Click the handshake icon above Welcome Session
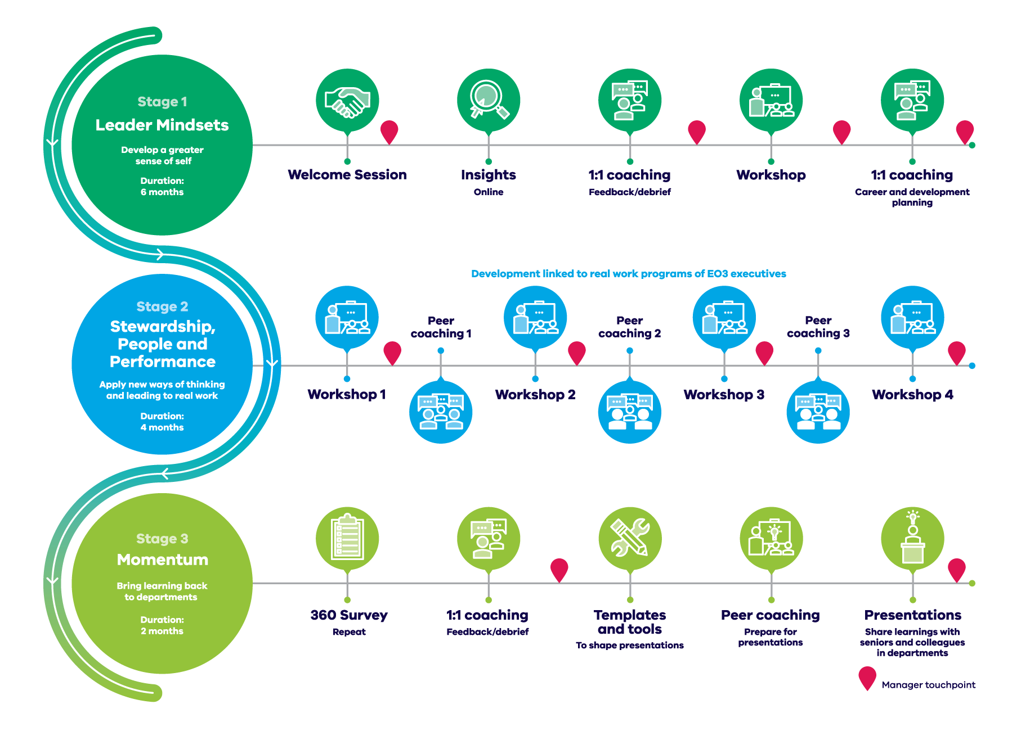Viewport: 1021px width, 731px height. pyautogui.click(x=347, y=101)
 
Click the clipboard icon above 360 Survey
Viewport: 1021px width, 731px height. pyautogui.click(x=347, y=539)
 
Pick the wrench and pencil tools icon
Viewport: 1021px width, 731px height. pyautogui.click(x=630, y=539)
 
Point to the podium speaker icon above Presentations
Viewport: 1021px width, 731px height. pyautogui.click(x=912, y=539)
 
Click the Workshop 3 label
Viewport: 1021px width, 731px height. pyautogui.click(x=724, y=395)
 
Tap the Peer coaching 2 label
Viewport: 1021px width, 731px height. pyautogui.click(x=630, y=327)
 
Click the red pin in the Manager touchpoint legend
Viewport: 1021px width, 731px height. pyautogui.click(x=867, y=678)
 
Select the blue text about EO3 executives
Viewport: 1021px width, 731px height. pyautogui.click(x=629, y=274)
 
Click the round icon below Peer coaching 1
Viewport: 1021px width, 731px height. pyautogui.click(x=441, y=412)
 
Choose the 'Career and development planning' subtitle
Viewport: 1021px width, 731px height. pyautogui.click(x=912, y=197)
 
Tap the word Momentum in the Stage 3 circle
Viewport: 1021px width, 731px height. pyautogui.click(x=163, y=559)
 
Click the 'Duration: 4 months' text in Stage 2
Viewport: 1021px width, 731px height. pyautogui.click(x=162, y=422)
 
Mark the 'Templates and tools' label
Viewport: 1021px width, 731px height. pyautogui.click(x=630, y=622)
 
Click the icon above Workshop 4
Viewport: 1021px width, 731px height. pyautogui.click(x=912, y=318)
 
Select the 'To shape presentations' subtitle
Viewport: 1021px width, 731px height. pyautogui.click(x=630, y=646)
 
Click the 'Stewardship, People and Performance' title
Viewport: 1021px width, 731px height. pyautogui.click(x=163, y=344)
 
